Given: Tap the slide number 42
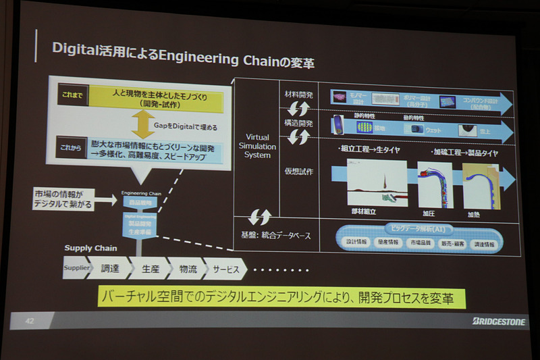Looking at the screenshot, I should coord(30,319).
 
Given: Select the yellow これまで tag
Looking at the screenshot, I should coord(70,95).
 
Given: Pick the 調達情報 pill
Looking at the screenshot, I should coord(482,244).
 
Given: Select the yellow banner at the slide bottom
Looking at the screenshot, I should coord(281,297).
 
